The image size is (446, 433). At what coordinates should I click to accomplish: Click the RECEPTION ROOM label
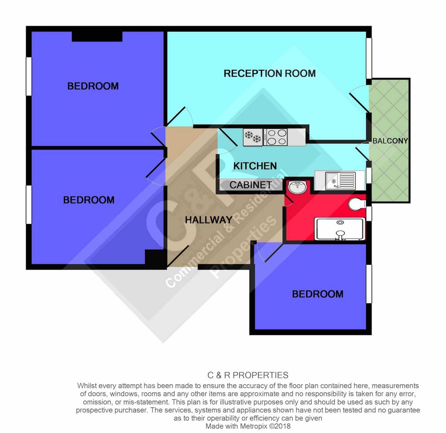(x=269, y=73)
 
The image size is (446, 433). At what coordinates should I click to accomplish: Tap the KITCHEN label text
(x=255, y=166)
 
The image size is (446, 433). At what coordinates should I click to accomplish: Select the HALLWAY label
(x=209, y=220)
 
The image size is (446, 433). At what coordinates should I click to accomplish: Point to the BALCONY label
(x=390, y=141)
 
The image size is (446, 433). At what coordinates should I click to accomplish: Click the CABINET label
(x=250, y=185)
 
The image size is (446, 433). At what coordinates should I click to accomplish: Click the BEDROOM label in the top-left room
(x=93, y=86)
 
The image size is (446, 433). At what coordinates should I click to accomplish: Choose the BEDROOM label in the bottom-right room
(x=318, y=294)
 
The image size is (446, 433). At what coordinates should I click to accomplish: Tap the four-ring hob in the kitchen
(x=276, y=137)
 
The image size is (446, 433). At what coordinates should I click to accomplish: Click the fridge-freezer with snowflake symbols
(x=253, y=137)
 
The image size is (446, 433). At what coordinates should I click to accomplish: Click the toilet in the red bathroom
(x=357, y=204)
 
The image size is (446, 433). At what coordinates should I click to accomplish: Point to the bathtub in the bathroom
(x=340, y=229)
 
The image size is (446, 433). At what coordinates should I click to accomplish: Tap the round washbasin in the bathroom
(x=297, y=186)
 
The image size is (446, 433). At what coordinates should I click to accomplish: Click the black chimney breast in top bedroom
(x=97, y=37)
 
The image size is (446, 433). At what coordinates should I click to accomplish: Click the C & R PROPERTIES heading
(x=248, y=375)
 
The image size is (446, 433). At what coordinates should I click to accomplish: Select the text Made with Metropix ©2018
(x=248, y=426)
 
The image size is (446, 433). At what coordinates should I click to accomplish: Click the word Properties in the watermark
(x=243, y=247)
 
